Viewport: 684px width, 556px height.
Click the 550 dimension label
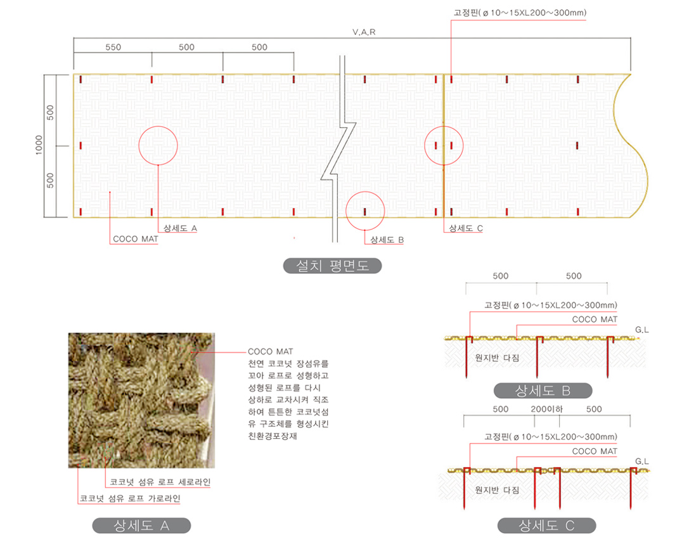pos(113,47)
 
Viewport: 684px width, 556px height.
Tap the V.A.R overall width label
pos(364,32)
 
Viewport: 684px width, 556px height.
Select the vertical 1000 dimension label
pos(39,145)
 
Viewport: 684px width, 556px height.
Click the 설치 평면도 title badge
pos(332,266)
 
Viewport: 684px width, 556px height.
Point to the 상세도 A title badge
pos(141,526)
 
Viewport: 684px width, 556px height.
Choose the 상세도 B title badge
pos(543,391)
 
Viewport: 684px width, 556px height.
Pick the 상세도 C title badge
pos(546,526)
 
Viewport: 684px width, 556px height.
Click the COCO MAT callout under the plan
pos(135,239)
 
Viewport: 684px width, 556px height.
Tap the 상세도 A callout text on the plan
pos(180,228)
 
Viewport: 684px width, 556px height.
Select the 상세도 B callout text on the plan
pos(387,240)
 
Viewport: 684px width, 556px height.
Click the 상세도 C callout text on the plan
pos(466,228)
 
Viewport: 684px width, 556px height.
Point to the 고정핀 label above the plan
pos(520,13)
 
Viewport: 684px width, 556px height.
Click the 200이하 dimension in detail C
pos(546,410)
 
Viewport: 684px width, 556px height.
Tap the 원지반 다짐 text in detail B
pos(497,358)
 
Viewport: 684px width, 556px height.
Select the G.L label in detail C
pos(642,462)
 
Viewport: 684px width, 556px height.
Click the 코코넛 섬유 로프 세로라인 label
pos(160,482)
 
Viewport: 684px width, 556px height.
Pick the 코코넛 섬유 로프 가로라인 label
pos(130,498)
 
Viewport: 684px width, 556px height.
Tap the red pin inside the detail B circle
pos(365,212)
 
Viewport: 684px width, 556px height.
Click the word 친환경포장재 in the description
pos(273,436)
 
